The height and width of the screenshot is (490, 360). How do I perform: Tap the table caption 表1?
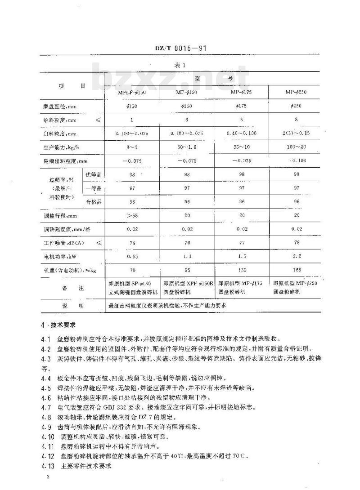(x=180, y=66)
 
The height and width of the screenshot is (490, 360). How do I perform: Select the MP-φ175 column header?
(x=241, y=92)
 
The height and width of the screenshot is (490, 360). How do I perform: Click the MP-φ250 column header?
(x=296, y=92)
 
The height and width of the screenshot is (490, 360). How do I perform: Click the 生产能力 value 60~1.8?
(x=187, y=147)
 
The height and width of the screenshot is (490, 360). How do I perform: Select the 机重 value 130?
(x=241, y=271)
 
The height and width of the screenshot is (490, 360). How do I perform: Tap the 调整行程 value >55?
(x=131, y=215)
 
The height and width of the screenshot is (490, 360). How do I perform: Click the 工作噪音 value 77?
(x=241, y=243)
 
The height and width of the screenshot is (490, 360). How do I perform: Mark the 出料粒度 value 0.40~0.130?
(x=241, y=134)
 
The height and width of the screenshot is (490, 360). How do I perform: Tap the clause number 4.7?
(x=45, y=407)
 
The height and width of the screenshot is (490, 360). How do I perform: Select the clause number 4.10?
(x=46, y=436)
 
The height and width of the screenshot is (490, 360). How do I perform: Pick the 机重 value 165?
(x=296, y=271)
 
